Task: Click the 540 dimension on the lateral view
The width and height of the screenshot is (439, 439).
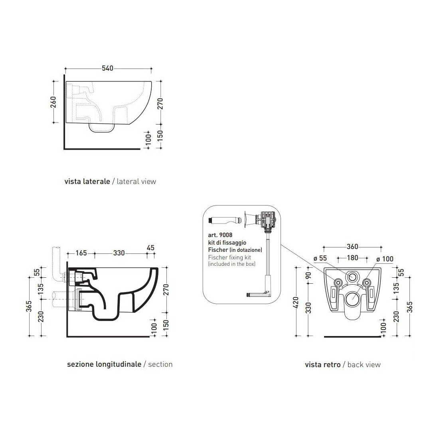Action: pos(107,68)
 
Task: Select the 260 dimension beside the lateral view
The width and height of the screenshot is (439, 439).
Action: pos(53,102)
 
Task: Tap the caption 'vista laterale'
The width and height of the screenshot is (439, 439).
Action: pos(87,182)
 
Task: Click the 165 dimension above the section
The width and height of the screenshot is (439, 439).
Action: pos(81,253)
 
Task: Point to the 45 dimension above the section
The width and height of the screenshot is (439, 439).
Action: pos(150,248)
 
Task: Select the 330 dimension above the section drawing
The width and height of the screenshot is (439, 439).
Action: pos(119,253)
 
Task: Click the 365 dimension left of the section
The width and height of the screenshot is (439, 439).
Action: pos(29,307)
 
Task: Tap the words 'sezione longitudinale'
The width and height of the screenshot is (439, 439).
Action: pos(104,364)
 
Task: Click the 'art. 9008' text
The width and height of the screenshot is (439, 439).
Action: pos(220,235)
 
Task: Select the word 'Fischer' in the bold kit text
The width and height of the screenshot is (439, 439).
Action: pos(218,250)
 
